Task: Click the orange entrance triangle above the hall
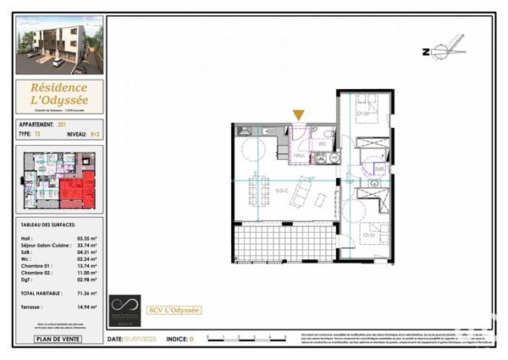298,115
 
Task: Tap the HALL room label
299,155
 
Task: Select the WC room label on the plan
322,144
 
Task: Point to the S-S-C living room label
281,191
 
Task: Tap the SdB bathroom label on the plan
379,169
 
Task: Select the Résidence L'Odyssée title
59,94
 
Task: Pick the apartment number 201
62,124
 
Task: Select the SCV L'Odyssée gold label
174,310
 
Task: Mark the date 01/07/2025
142,340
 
